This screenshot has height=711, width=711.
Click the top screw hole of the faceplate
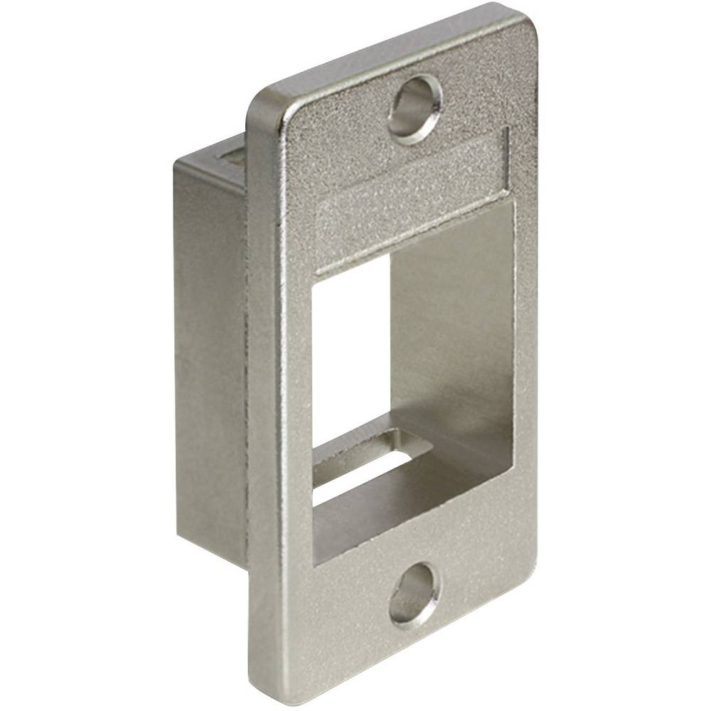coord(415,109)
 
